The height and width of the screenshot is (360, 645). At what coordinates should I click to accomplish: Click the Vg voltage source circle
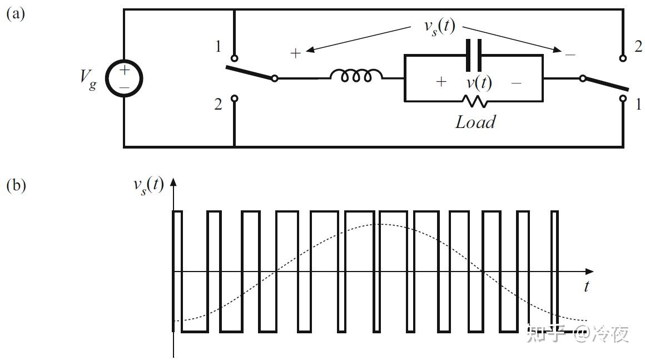[x=123, y=78]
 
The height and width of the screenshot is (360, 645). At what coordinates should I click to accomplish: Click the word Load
[x=475, y=122]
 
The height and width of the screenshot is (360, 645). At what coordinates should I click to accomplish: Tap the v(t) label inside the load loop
[x=478, y=82]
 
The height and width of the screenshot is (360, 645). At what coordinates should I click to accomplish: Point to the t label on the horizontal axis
[x=586, y=287]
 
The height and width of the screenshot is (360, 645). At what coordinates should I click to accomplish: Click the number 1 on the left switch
[x=218, y=47]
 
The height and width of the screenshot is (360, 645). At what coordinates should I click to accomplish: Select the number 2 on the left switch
[x=218, y=104]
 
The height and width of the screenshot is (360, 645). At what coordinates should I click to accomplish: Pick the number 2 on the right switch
[x=638, y=47]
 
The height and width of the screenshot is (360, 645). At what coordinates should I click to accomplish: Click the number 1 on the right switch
[x=638, y=104]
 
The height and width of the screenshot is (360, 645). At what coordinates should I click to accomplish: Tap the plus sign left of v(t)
[x=441, y=82]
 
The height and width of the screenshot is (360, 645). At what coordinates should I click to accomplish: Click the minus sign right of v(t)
[x=516, y=83]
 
